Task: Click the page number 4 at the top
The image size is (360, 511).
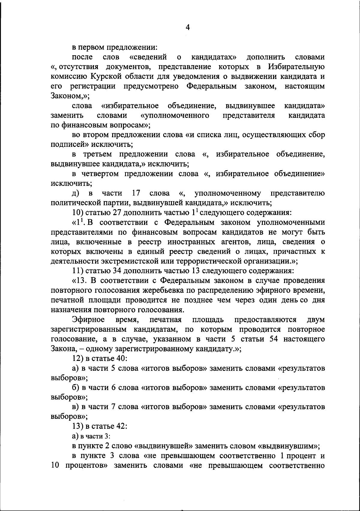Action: [188, 28]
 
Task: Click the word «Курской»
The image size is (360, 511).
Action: [107, 76]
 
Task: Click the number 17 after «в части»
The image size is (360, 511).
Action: [136, 193]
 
